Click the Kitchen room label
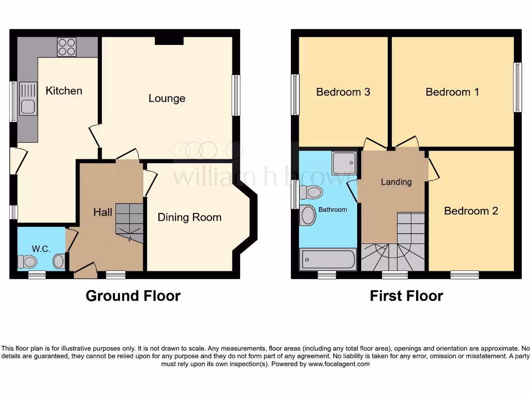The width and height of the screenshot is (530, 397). click(x=64, y=91)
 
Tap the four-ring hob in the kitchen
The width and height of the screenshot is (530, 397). click(x=67, y=47)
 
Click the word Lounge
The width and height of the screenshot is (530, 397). click(x=167, y=98)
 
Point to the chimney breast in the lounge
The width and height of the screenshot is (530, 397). click(x=169, y=40)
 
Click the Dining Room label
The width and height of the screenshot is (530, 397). click(x=189, y=218)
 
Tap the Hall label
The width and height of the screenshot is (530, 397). click(x=103, y=212)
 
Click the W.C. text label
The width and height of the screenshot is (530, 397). click(x=41, y=249)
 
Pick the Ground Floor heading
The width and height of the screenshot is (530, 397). click(x=133, y=296)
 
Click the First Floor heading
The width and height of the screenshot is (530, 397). click(x=406, y=296)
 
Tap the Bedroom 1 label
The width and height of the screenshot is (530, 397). click(x=452, y=92)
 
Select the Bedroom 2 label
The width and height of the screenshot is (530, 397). click(x=471, y=211)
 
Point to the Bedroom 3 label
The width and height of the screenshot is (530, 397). click(x=343, y=92)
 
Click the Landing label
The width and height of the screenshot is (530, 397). click(x=396, y=182)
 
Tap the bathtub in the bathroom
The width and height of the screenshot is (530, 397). click(x=328, y=258)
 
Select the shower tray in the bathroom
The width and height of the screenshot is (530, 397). click(x=344, y=163)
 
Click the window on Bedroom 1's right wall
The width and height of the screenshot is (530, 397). click(x=517, y=87)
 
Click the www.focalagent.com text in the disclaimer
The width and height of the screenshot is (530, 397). click(x=339, y=364)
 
